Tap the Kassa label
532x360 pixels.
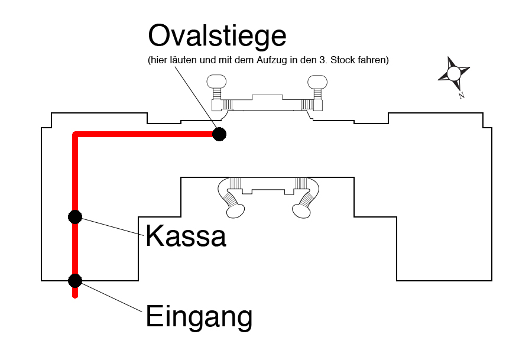(x=186, y=236)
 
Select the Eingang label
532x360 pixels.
(x=199, y=317)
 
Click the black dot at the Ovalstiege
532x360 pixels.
(x=219, y=134)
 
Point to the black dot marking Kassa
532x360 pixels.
(x=75, y=217)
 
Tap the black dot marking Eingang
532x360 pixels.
(x=75, y=281)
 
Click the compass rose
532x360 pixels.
(x=454, y=74)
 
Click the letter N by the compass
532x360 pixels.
(x=462, y=96)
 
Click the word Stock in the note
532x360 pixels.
(x=342, y=60)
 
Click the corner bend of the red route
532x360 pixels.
(x=75, y=134)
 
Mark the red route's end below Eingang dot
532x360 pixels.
(x=75, y=296)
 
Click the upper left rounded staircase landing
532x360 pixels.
(x=216, y=82)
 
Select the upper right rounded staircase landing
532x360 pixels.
(x=317, y=82)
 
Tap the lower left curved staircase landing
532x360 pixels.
(x=235, y=212)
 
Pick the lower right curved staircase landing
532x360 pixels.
(x=301, y=212)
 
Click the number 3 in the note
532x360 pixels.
(x=322, y=60)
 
